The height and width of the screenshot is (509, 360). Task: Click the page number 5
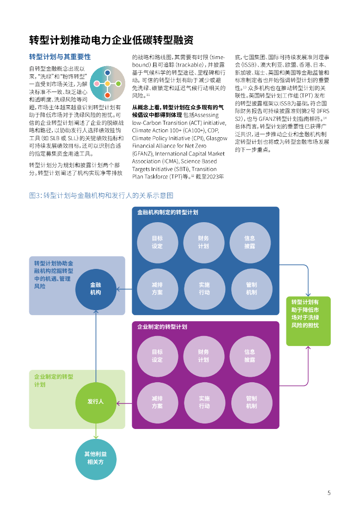click(x=329, y=493)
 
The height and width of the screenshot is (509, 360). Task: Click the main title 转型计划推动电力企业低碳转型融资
click(x=111, y=40)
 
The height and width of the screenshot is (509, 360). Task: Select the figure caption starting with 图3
click(x=101, y=196)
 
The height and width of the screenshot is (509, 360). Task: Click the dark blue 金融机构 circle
click(x=95, y=289)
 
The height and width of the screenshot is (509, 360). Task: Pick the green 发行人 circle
click(x=95, y=401)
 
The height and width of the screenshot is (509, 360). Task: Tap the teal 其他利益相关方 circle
click(x=95, y=458)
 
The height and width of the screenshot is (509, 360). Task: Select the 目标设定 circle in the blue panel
click(x=157, y=242)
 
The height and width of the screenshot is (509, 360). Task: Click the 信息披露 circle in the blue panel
click(x=250, y=242)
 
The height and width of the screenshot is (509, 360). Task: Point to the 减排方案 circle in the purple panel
click(x=157, y=402)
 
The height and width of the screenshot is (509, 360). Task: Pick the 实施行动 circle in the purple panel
click(x=204, y=402)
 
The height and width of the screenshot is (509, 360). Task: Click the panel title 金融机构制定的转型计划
click(x=168, y=212)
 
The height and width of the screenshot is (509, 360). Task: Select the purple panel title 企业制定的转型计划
click(x=162, y=327)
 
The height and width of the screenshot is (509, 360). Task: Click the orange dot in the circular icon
click(x=107, y=95)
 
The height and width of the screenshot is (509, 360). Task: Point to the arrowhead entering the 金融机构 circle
click(x=118, y=289)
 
